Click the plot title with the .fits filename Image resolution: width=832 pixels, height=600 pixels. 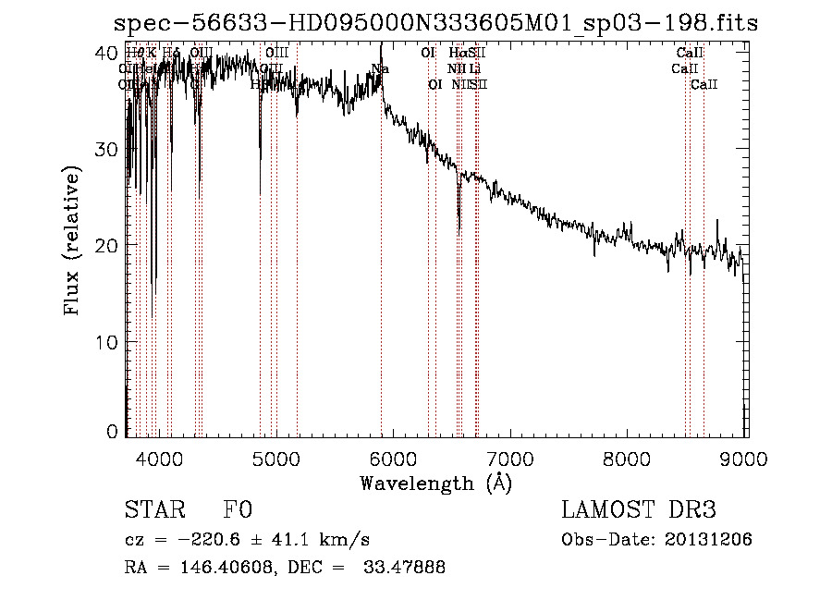[434, 22]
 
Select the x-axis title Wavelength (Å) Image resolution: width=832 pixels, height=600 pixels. [435, 483]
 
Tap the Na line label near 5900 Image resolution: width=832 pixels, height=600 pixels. [380, 68]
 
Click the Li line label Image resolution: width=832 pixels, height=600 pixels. [473, 68]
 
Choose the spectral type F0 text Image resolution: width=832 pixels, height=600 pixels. [238, 510]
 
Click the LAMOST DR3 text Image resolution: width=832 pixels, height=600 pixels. [638, 510]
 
